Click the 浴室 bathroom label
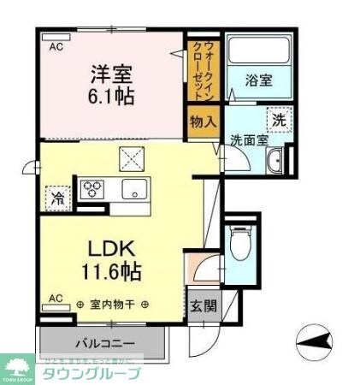pyautogui.click(x=259, y=80)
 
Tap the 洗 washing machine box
pyautogui.click(x=279, y=118)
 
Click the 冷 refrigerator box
pyautogui.click(x=58, y=198)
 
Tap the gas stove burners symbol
pyautogui.click(x=91, y=187)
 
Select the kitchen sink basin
pyautogui.click(x=133, y=188)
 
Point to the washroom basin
pyautogui.click(x=274, y=162)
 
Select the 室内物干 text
pyautogui.click(x=112, y=304)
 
